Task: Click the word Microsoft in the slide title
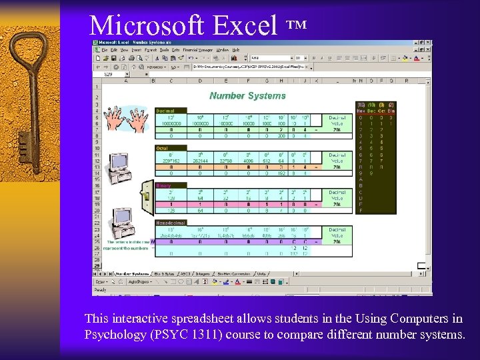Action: point(149,25)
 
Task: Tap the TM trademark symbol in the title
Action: point(297,24)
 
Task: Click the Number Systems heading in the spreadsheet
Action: point(247,95)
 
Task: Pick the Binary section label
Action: point(163,185)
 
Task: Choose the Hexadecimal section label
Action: point(171,223)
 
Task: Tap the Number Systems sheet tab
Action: point(132,273)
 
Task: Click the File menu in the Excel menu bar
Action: point(104,49)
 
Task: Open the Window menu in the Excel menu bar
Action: point(222,49)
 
